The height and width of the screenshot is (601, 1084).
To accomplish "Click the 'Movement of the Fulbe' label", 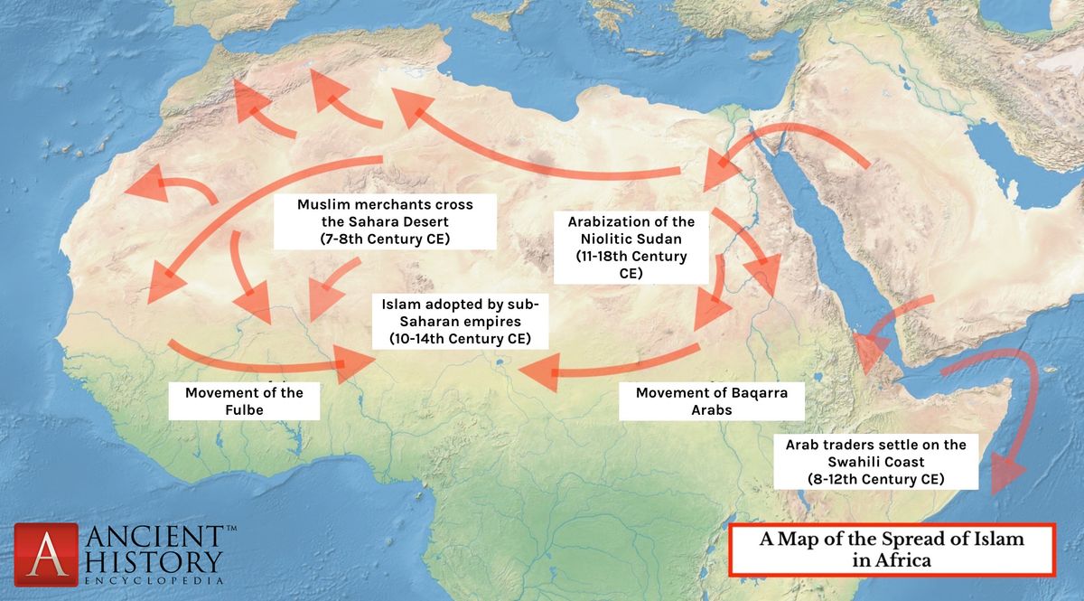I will click(x=244, y=401).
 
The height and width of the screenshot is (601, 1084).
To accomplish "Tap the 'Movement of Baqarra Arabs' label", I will click(x=711, y=401).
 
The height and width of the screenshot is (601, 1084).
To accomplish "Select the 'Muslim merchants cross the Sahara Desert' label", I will click(x=385, y=221).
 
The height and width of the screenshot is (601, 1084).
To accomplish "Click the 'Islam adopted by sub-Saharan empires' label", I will click(x=460, y=322).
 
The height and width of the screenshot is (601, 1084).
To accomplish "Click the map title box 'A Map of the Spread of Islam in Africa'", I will click(x=892, y=549).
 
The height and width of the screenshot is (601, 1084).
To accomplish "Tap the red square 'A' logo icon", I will click(x=45, y=554).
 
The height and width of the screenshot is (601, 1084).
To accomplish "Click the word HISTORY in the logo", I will click(x=153, y=560).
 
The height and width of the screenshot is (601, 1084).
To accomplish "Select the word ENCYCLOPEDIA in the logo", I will click(x=153, y=581).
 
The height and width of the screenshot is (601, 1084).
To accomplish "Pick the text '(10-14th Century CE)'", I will click(x=460, y=339).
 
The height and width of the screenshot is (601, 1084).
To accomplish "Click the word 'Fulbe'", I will click(x=244, y=410).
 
